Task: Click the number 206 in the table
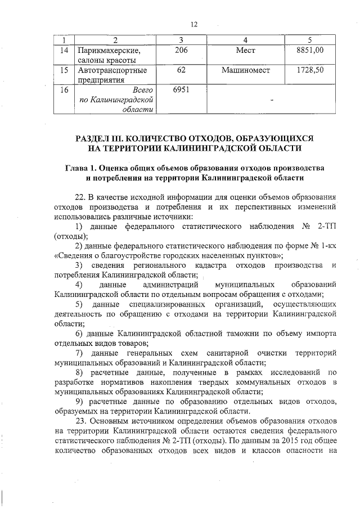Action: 181,51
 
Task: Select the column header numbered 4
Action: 245,40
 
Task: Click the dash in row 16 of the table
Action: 272,101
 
